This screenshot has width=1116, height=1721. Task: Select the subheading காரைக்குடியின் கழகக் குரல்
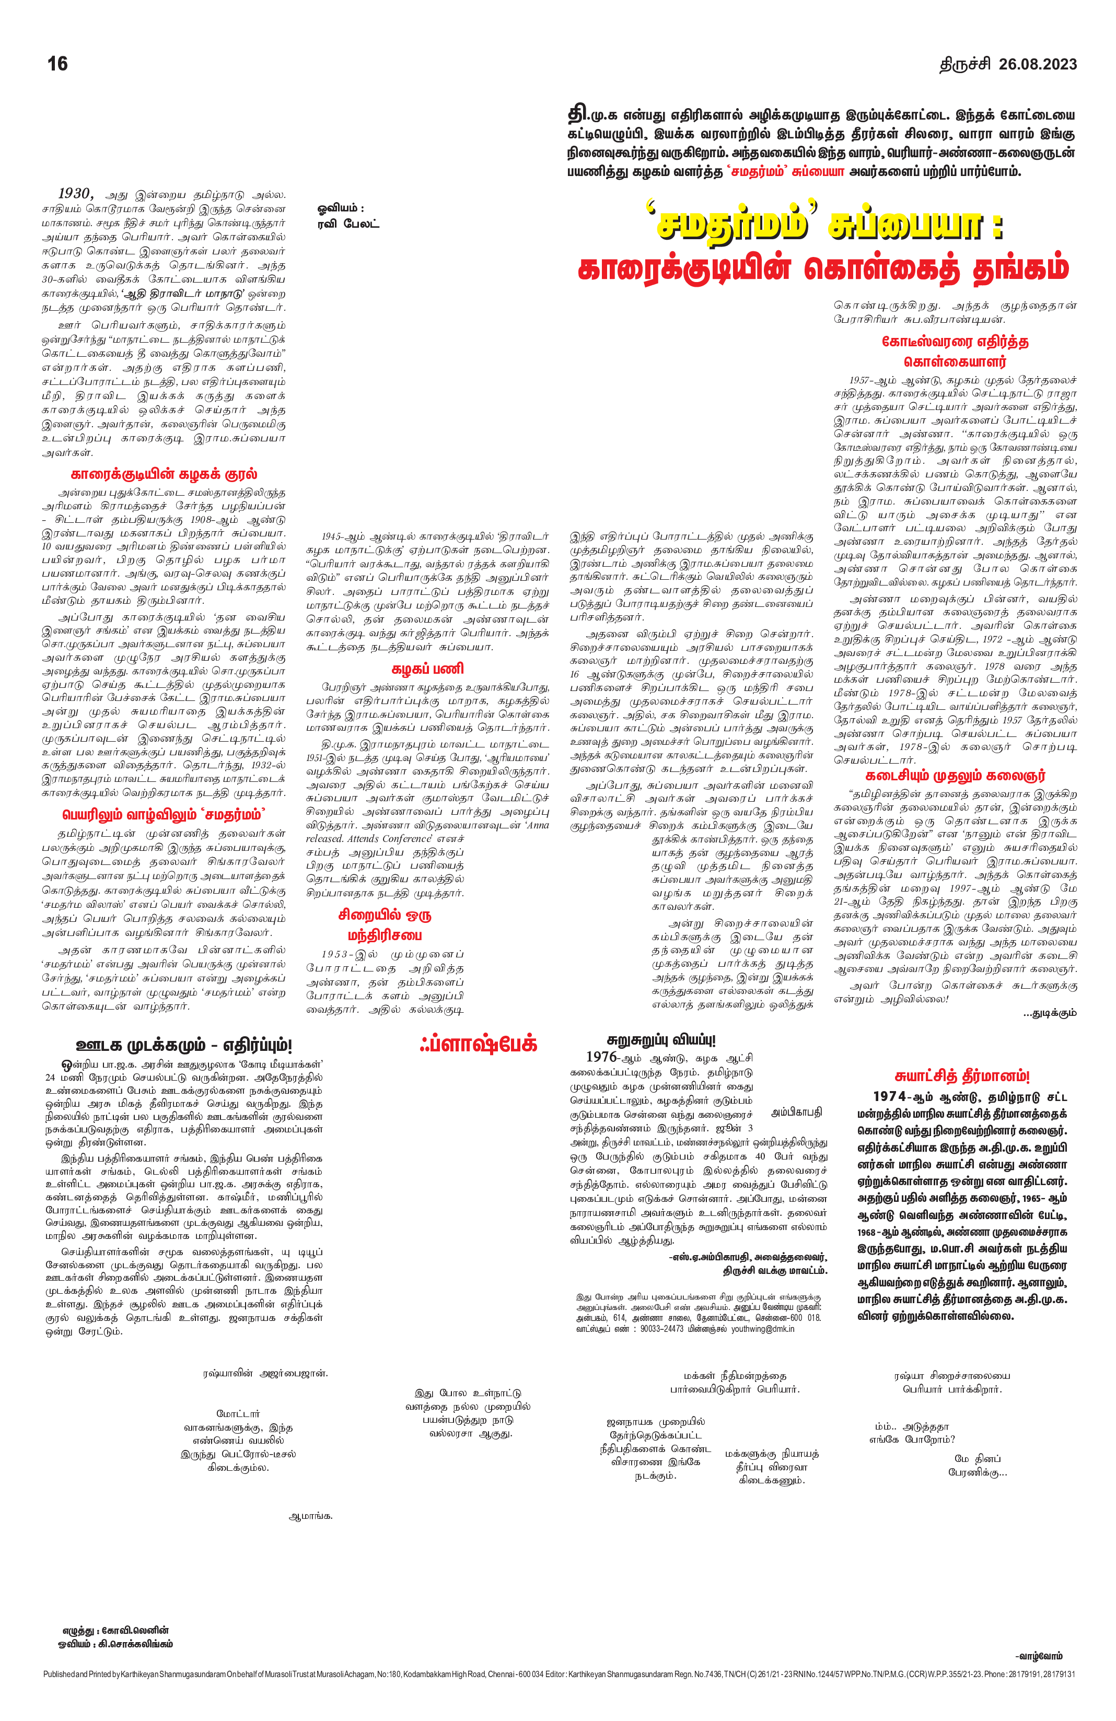click(164, 474)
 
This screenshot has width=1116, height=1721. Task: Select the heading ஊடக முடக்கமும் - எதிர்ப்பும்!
click(184, 1045)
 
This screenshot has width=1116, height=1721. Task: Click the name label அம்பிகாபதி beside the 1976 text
click(796, 1112)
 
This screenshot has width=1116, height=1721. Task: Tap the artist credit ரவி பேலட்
click(348, 224)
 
